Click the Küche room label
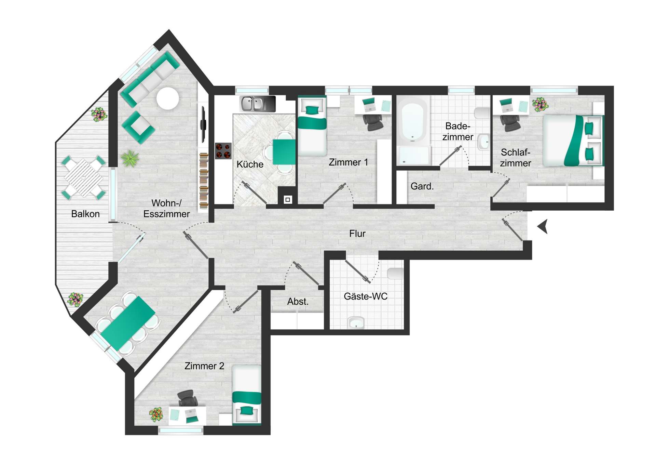(250, 164)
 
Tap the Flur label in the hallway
(357, 234)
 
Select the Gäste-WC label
(366, 296)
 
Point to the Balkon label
(85, 214)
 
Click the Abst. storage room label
(298, 302)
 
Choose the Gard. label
(422, 186)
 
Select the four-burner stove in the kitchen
(223, 151)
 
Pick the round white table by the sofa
(167, 98)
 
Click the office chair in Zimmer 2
(187, 398)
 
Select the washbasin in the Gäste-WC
(356, 322)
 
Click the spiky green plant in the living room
(130, 158)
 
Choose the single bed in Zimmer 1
(312, 126)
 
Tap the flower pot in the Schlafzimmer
(540, 104)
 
